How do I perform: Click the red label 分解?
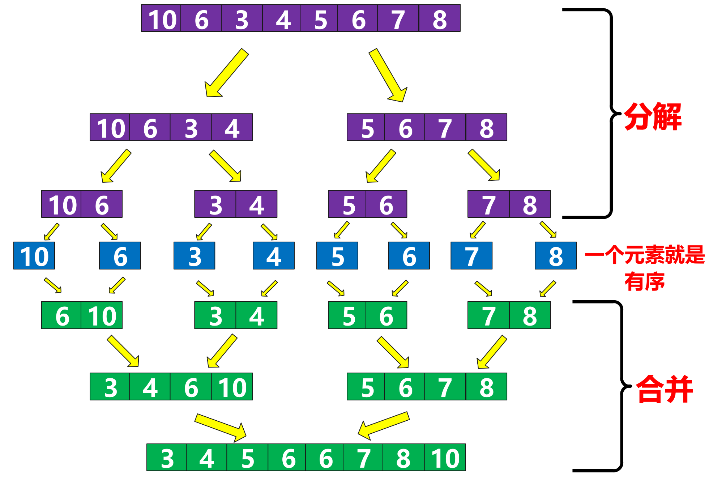click(653, 116)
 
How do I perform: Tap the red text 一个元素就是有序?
click(645, 268)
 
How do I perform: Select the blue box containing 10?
click(34, 256)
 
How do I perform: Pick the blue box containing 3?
click(195, 256)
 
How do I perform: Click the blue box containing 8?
click(556, 256)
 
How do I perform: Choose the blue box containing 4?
click(274, 256)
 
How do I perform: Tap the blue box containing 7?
click(471, 256)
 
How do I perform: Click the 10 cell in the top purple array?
click(161, 18)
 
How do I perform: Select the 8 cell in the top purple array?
click(440, 18)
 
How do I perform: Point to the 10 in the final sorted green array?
click(445, 458)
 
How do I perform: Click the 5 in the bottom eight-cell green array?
click(248, 458)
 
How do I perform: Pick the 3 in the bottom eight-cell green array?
click(167, 458)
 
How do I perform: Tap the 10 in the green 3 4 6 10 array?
click(232, 387)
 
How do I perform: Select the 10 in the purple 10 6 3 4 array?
click(110, 127)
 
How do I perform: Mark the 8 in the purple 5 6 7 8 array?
click(487, 127)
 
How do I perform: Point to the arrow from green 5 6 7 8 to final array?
click(383, 425)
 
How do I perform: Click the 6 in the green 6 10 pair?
click(62, 315)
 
